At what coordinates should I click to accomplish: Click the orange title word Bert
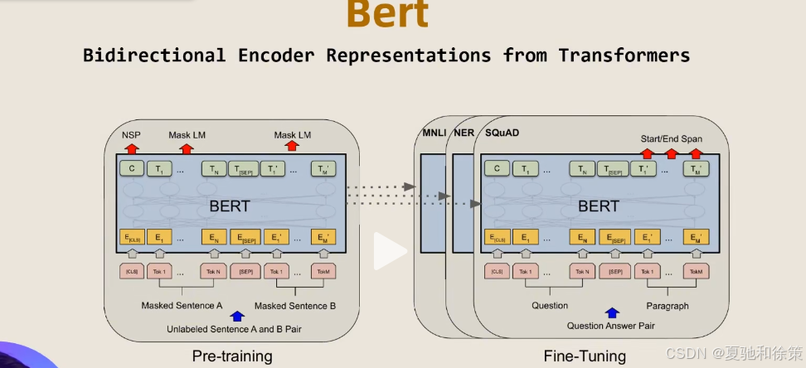click(x=388, y=14)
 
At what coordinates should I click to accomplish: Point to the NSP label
click(x=131, y=134)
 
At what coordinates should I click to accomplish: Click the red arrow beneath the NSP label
click(x=131, y=148)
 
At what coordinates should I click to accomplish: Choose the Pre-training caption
click(x=231, y=356)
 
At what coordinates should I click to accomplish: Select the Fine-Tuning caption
click(x=585, y=356)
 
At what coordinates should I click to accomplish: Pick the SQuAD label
click(x=502, y=133)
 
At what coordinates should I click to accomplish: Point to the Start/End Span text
click(x=671, y=138)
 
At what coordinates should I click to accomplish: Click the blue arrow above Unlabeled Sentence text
click(x=238, y=315)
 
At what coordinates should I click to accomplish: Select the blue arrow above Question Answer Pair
click(x=612, y=312)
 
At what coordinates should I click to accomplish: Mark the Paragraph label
click(x=667, y=306)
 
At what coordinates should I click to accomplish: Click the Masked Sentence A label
click(x=182, y=306)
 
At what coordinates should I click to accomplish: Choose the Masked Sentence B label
click(x=294, y=306)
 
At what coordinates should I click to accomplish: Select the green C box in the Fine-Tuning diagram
click(x=497, y=169)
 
